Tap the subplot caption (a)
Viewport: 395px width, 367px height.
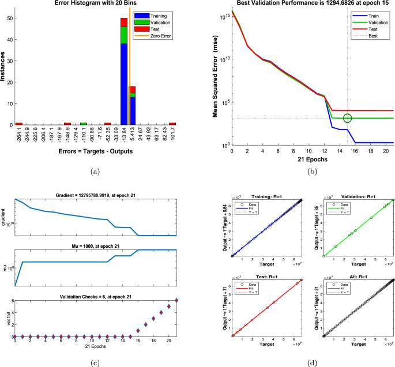[x=94, y=169]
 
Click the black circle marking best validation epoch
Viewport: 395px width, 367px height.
[x=347, y=118]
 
